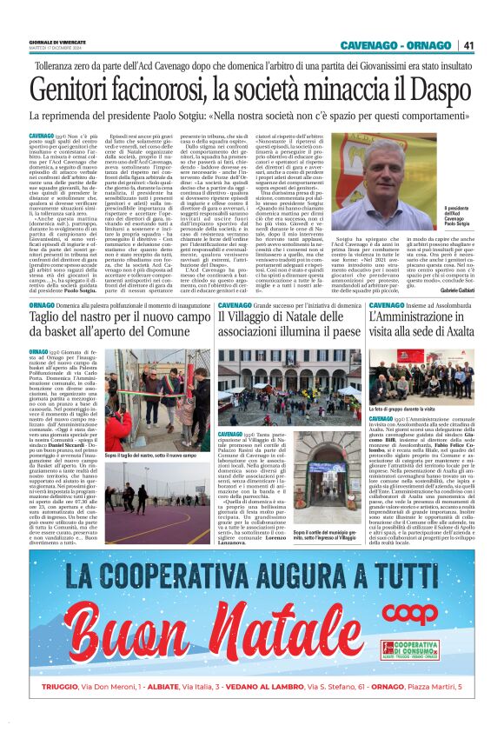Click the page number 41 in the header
coord(468,45)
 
